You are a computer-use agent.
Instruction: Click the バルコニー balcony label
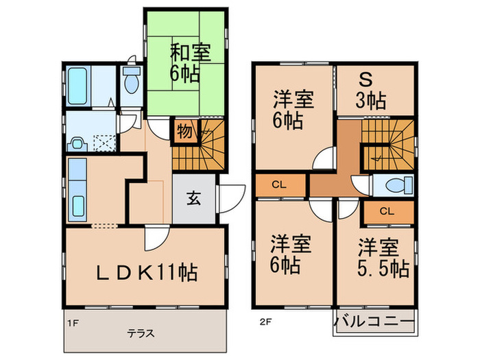click(x=374, y=321)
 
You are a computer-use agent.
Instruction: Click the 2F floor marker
click(x=264, y=320)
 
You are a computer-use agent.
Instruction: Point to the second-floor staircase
click(x=388, y=144)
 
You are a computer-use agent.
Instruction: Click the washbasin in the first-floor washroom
click(x=77, y=144)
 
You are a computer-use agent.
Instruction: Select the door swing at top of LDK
click(x=154, y=240)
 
